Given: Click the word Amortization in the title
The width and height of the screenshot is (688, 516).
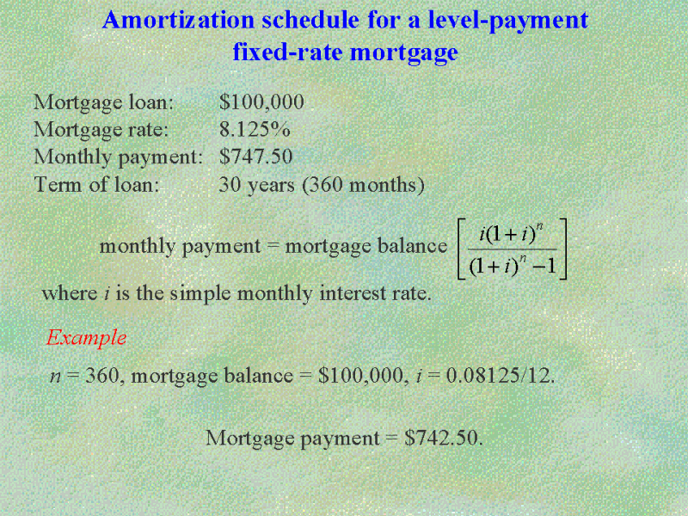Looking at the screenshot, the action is [x=178, y=20].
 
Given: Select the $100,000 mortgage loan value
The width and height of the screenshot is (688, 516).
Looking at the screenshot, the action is [x=261, y=102].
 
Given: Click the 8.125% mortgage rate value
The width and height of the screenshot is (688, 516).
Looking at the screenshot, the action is [x=255, y=130].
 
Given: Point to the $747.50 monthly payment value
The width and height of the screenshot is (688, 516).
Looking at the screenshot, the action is [x=255, y=157].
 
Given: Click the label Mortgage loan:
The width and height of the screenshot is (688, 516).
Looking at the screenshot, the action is [x=103, y=103].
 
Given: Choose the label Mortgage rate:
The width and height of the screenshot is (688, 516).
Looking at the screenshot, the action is [x=101, y=131].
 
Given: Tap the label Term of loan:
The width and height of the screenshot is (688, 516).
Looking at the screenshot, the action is [x=96, y=184].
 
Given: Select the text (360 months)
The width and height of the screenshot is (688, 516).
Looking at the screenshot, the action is [x=363, y=185].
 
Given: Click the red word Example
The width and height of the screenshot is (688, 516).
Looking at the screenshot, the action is [x=87, y=338].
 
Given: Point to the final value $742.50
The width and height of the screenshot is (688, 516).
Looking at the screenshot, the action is [x=443, y=438].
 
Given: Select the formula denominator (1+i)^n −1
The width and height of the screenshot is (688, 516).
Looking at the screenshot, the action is [x=513, y=266].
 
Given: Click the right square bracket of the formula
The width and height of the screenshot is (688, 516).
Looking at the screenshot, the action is [x=563, y=249].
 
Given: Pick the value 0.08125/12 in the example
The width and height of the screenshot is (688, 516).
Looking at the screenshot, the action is [x=501, y=376].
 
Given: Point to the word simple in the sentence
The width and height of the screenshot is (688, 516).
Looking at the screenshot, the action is [x=200, y=294].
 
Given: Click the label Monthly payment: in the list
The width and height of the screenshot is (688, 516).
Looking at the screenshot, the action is [x=119, y=157].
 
